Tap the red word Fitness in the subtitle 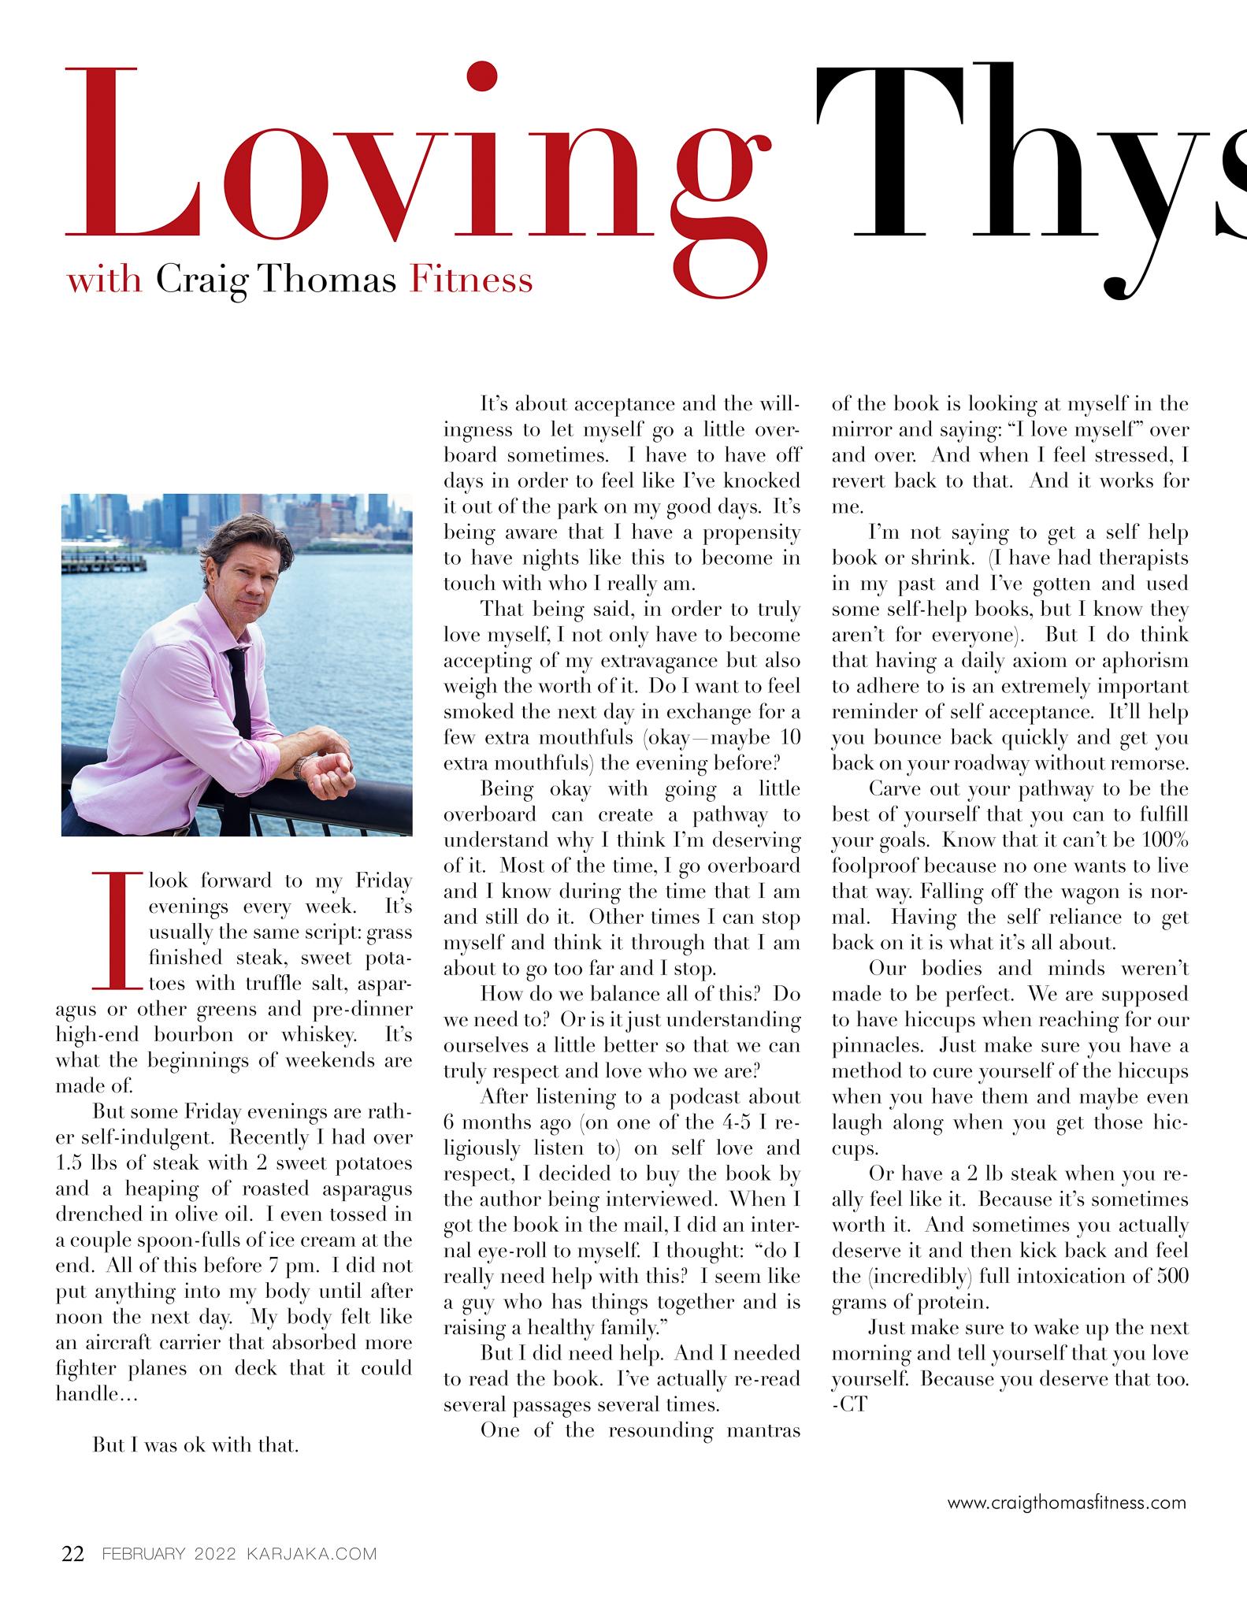pos(471,280)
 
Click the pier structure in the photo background pos(106,560)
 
